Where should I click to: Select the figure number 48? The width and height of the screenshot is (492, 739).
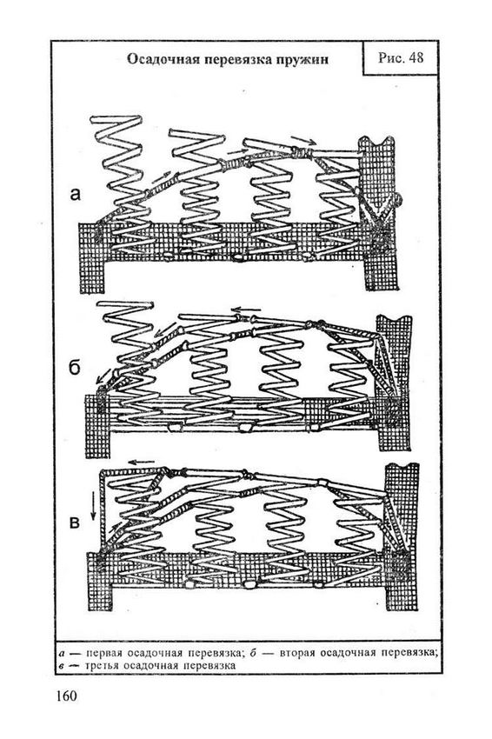[416, 57]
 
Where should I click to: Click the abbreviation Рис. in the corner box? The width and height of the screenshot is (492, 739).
[390, 57]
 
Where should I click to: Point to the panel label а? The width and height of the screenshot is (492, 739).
[75, 193]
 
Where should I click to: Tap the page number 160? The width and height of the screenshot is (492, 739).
[66, 696]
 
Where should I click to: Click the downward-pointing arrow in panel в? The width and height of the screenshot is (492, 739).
[93, 505]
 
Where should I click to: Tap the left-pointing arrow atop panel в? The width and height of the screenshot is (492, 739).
[142, 462]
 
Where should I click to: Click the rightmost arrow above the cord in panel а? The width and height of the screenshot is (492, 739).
[303, 139]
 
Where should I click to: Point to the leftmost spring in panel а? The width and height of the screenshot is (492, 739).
[123, 183]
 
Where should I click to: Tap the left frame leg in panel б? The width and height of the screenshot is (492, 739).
[97, 427]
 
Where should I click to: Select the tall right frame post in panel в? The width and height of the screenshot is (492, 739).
[402, 537]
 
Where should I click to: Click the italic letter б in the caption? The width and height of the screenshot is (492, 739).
[253, 653]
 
